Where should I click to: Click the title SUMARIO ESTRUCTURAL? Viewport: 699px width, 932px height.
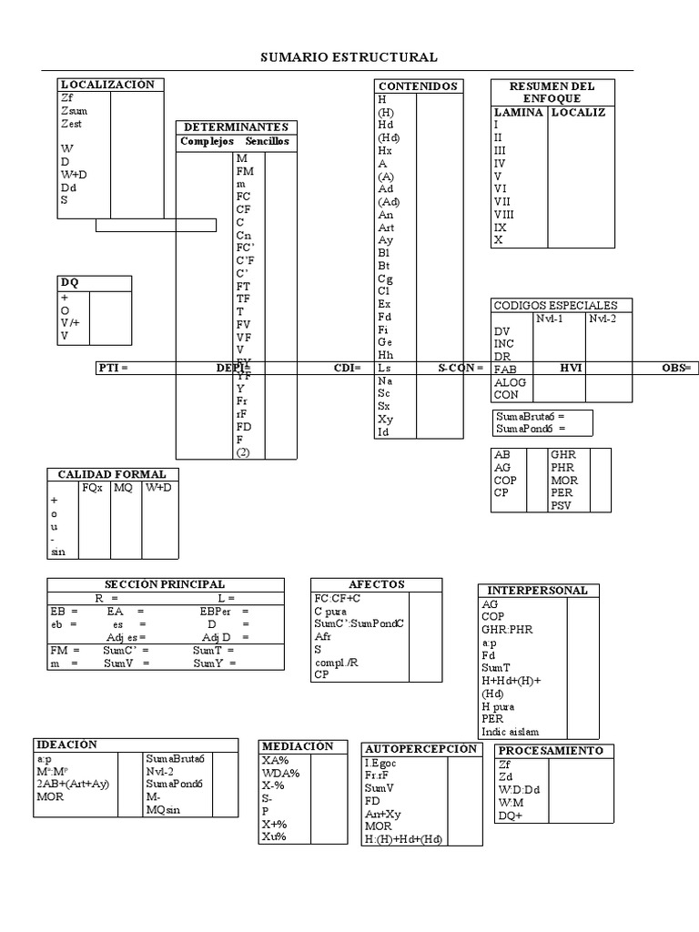tap(349, 57)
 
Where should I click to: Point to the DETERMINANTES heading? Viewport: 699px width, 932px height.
tap(236, 127)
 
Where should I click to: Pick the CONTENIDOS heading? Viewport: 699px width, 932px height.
tap(418, 86)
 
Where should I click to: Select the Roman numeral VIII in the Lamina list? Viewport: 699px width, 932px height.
tap(504, 214)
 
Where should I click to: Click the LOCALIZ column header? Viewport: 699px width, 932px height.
tap(579, 112)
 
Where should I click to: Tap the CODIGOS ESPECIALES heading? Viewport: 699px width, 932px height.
tap(555, 306)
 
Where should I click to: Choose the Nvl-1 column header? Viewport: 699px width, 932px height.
tap(550, 319)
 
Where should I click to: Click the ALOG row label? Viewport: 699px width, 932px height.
tap(510, 382)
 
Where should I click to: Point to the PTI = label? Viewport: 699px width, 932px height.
tap(113, 368)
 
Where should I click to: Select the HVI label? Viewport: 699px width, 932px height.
tap(572, 368)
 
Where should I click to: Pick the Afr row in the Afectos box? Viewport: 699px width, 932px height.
tap(322, 636)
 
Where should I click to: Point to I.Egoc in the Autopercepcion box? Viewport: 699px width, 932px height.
tap(381, 763)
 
